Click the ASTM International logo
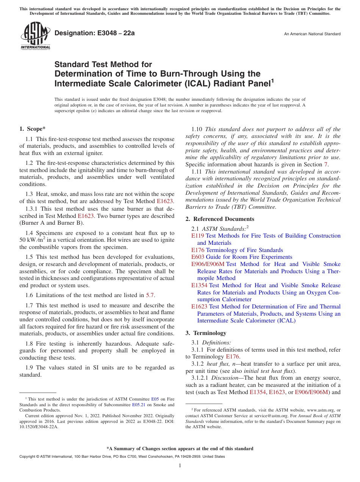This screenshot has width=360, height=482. [x=35, y=36]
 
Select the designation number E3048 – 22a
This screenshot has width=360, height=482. [x=94, y=33]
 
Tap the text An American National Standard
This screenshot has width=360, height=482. [x=312, y=34]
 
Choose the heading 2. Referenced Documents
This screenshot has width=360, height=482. [x=220, y=219]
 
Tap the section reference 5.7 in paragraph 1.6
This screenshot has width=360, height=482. [x=150, y=295]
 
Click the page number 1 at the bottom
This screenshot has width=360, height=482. [x=180, y=466]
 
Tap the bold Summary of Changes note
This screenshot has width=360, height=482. [x=180, y=449]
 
